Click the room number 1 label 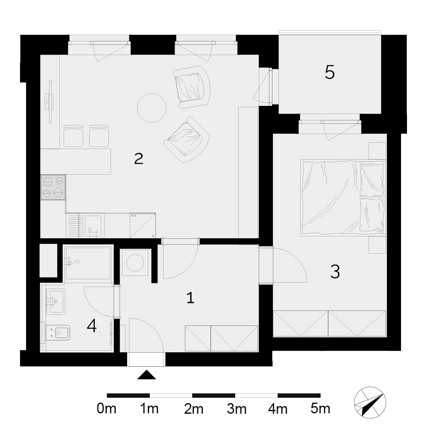190,298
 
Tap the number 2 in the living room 139,158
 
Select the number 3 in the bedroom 335,272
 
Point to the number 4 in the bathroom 92,326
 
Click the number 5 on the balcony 330,72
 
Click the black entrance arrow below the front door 146,375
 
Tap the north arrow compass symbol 370,403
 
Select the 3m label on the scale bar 237,409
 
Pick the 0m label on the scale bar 106,409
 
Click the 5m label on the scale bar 320,409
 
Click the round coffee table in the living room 152,108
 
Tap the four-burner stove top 53,187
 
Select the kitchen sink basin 94,226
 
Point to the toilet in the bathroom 58,333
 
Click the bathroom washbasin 56,301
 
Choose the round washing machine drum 135,263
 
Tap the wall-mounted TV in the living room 50,102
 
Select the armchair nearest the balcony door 192,87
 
